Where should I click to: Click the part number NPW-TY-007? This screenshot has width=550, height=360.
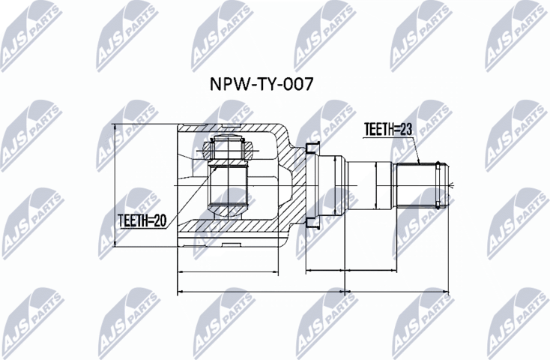261,83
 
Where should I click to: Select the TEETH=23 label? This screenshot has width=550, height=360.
389,129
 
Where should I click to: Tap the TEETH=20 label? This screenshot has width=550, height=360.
142,220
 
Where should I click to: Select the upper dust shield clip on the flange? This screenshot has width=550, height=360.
314,145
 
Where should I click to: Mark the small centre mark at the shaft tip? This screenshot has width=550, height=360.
450,184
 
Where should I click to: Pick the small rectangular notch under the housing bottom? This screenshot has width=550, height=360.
232,243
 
